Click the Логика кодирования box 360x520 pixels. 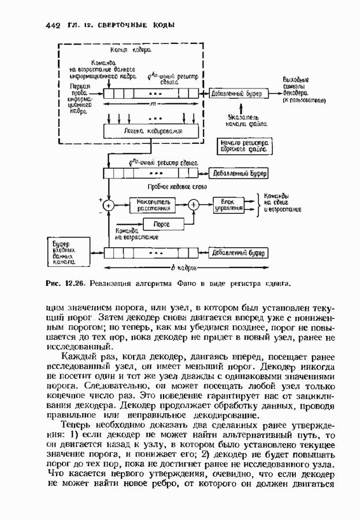(x=153, y=131)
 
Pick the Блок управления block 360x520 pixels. (x=228, y=204)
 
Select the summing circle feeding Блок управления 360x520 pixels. (x=194, y=204)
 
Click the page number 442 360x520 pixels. (x=53, y=26)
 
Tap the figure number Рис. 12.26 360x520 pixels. (x=65, y=285)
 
